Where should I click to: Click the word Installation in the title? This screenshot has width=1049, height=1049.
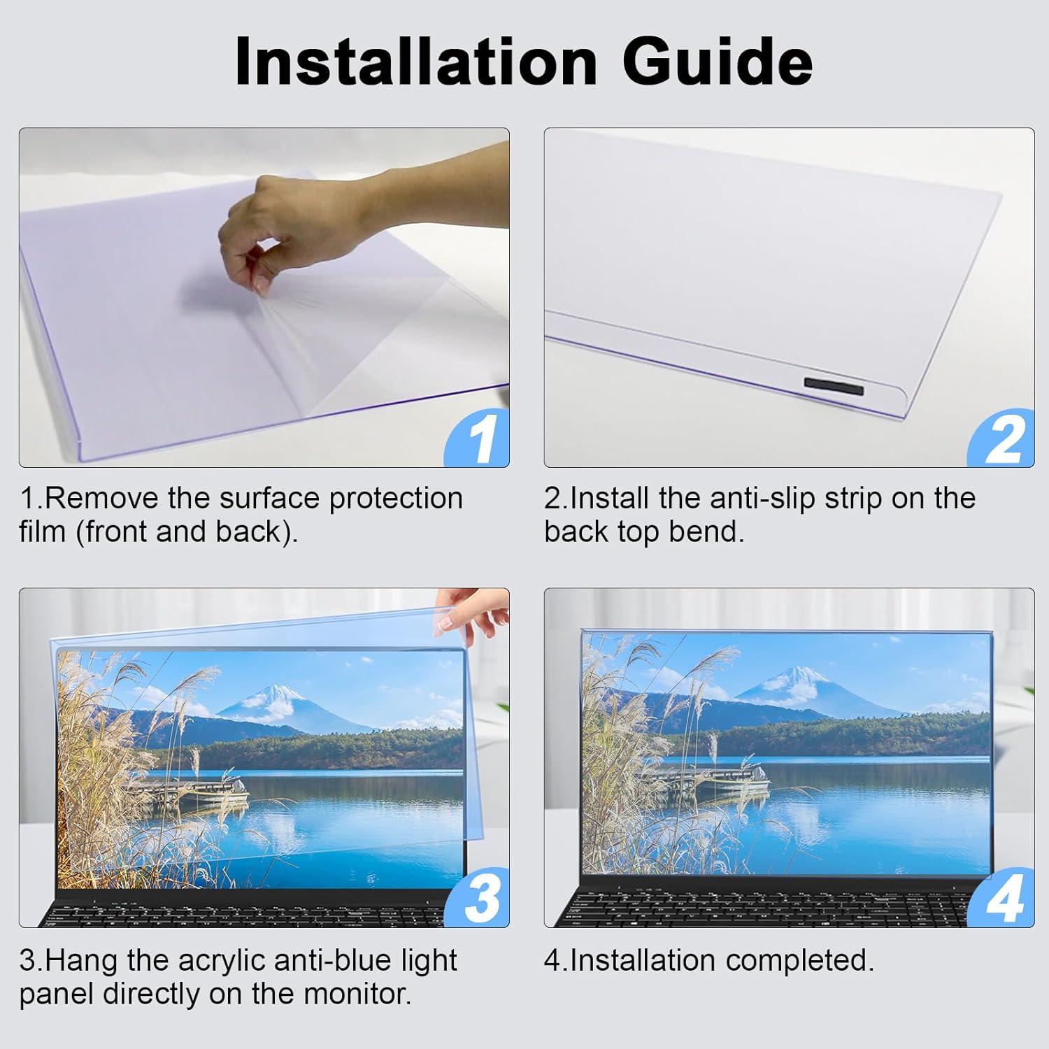[415, 62]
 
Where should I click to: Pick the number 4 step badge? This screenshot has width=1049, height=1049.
[1004, 901]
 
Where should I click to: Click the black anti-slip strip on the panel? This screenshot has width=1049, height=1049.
[834, 385]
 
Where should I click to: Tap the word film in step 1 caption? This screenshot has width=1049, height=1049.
[42, 532]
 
